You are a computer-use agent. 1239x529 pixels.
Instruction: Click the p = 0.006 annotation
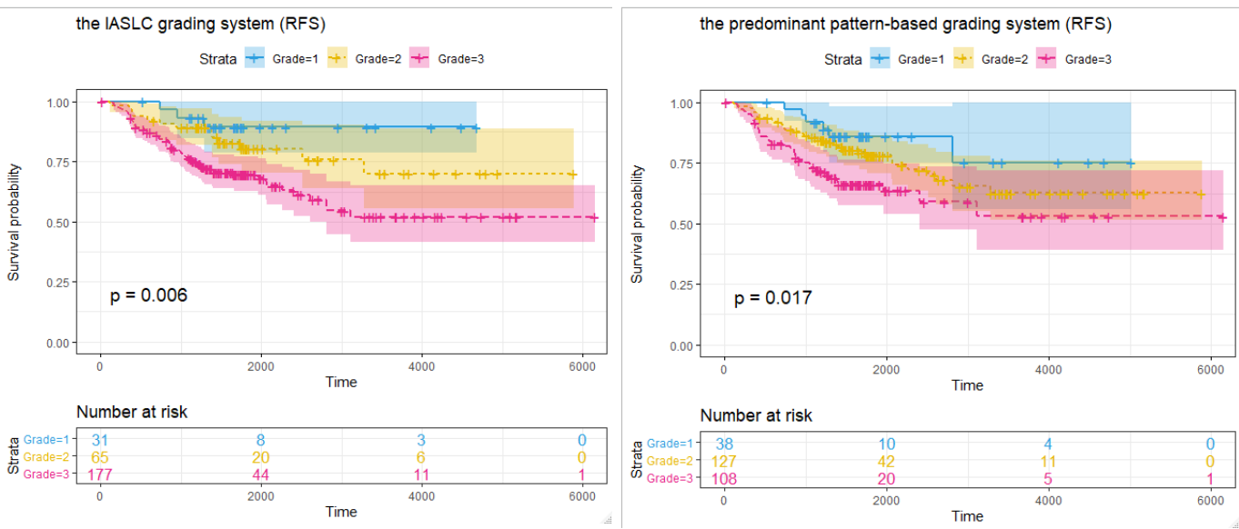pos(148,294)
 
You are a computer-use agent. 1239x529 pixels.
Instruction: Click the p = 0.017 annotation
pos(773,298)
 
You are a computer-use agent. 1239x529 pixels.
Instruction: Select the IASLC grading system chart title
pos(201,24)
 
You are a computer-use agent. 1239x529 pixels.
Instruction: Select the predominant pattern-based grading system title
pos(905,24)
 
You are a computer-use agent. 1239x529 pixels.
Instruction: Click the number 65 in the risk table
pos(100,457)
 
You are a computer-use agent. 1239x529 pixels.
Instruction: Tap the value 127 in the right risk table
pos(724,460)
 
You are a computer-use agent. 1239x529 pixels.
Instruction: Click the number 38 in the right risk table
pos(724,444)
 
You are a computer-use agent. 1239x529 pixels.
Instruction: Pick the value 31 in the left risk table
pos(100,440)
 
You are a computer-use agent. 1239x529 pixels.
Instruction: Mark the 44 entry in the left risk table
pos(261,474)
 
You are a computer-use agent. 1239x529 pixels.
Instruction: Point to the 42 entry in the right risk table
pos(886,460)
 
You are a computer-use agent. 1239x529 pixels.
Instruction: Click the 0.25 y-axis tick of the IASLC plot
pos(56,283)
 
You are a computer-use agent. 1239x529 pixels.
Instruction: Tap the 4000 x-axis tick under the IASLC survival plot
pos(422,365)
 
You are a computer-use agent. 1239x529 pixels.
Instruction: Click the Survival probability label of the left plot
pos(15,222)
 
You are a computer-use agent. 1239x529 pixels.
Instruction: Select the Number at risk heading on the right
pos(756,415)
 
